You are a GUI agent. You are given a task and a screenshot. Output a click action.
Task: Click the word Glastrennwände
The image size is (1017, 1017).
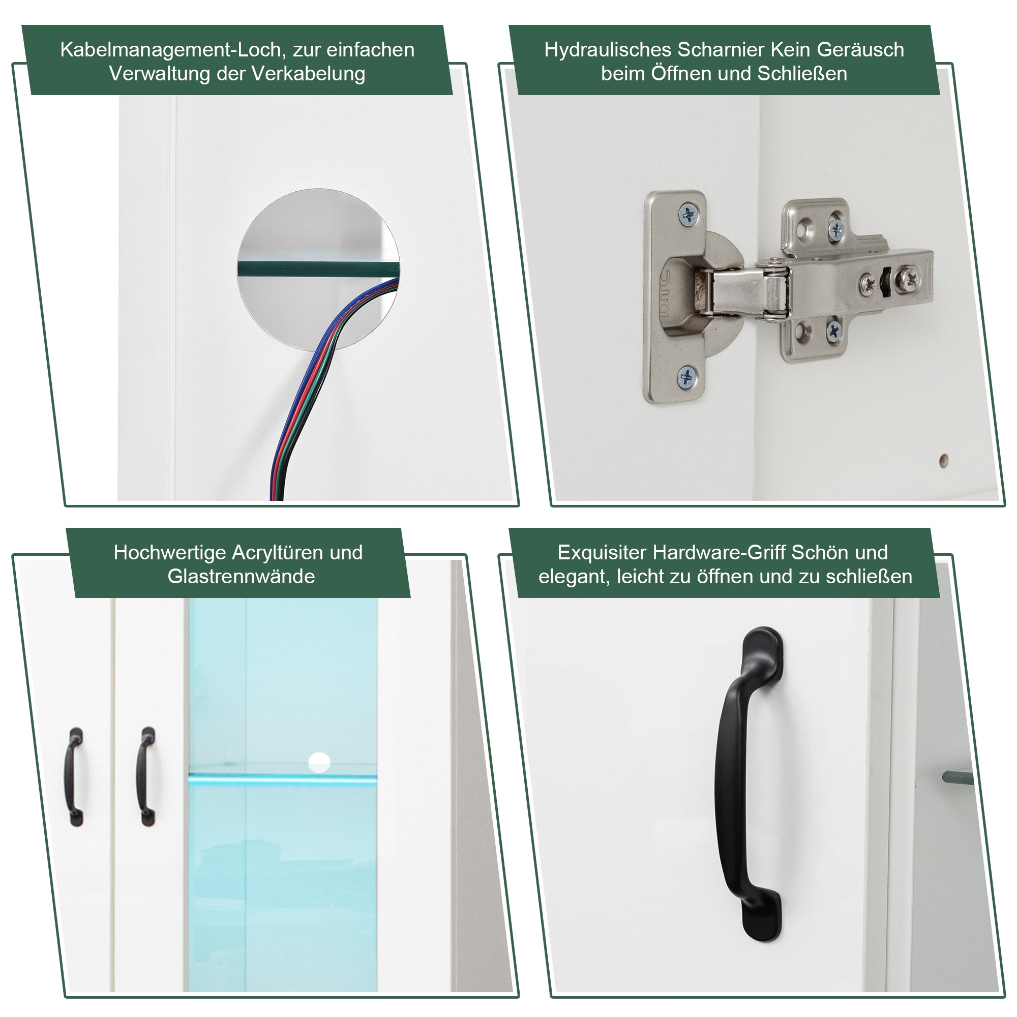241,577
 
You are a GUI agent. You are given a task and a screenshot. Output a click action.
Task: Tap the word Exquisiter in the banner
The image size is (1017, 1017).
602,553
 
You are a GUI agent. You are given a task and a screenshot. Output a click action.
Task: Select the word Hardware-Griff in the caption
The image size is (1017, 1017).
719,553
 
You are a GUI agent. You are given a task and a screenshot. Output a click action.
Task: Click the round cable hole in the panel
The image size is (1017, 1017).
318,270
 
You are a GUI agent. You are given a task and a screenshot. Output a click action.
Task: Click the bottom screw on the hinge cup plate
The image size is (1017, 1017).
687,377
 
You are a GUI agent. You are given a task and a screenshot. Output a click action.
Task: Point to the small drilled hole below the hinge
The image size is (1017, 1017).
944,460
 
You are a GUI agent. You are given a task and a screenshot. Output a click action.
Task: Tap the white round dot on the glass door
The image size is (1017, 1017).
318,763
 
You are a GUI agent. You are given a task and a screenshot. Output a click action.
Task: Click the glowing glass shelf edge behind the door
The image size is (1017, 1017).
283,779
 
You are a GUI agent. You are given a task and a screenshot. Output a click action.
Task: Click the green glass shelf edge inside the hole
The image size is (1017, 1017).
317,269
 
